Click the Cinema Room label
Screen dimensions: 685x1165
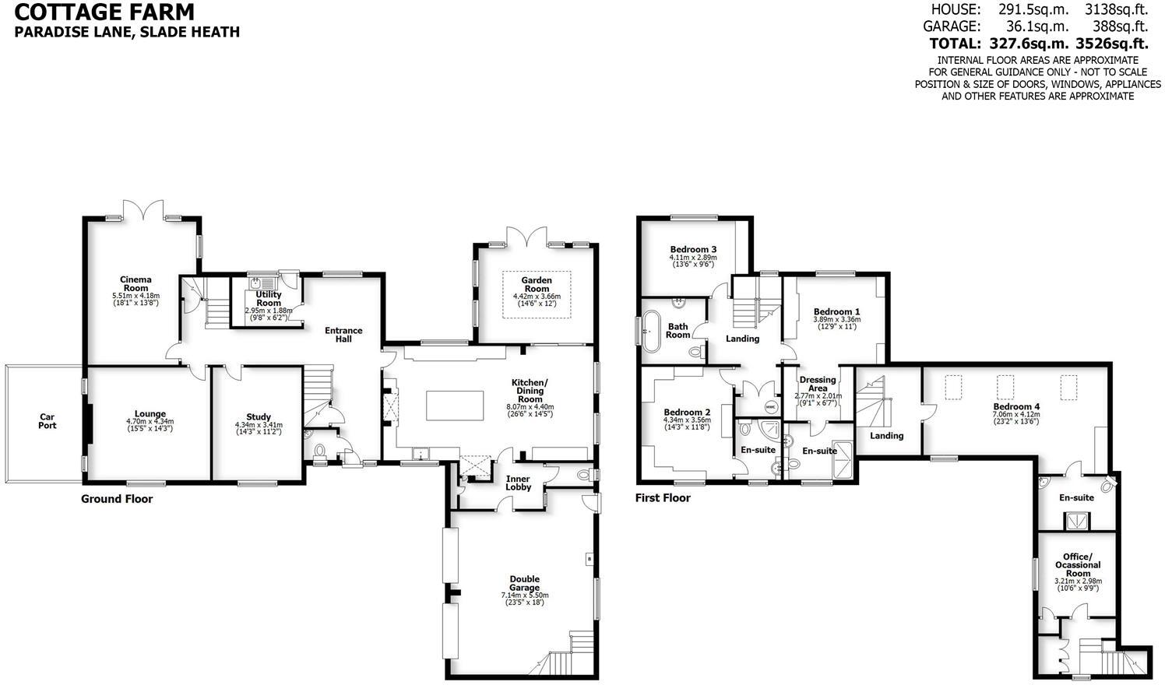[136, 283]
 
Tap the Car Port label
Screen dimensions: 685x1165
[48, 421]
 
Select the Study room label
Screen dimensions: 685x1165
[258, 417]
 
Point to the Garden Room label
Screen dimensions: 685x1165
[537, 284]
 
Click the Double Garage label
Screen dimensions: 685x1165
[525, 583]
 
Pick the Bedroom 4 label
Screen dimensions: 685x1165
[1016, 406]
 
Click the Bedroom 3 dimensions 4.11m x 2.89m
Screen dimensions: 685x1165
[692, 258]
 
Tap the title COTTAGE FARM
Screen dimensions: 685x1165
[104, 12]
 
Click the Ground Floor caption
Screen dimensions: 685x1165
[117, 499]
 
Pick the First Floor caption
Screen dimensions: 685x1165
[663, 498]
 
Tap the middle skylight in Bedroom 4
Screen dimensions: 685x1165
[1005, 385]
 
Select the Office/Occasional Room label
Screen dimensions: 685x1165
[1078, 564]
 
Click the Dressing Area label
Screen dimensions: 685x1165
[818, 384]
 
